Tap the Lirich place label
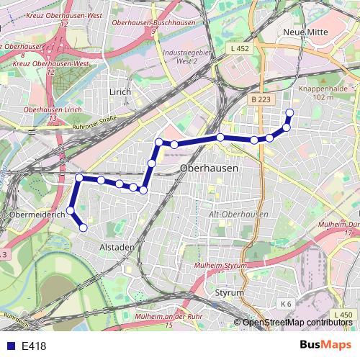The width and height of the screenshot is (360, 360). point(120,92)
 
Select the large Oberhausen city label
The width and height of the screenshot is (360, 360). point(208,168)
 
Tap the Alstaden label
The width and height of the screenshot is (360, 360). point(117,247)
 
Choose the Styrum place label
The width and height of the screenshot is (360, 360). point(230,293)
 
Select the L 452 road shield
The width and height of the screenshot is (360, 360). point(243,48)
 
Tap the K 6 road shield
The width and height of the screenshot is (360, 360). point(286,304)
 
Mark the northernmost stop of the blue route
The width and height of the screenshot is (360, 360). point(290,112)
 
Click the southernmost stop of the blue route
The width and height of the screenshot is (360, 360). point(83,228)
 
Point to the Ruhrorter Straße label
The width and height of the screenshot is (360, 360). point(94,120)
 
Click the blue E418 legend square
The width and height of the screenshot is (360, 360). point(9,346)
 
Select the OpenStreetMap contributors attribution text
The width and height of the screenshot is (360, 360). point(297,323)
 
